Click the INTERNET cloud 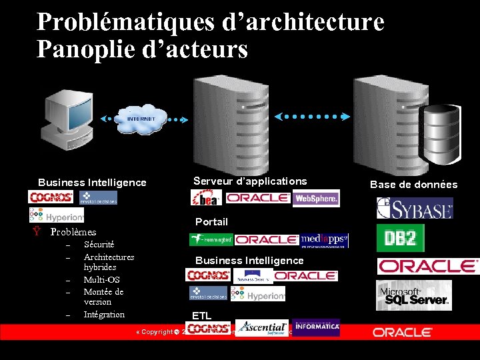141,119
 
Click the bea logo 206,198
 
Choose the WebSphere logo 316,198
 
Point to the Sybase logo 414,208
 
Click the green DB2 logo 400,237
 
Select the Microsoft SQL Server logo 414,295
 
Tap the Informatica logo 316,327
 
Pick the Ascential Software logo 262,327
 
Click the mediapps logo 324,239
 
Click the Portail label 211,222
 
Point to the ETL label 201,315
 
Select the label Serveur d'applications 250,181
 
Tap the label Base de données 413,185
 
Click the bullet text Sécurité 99,245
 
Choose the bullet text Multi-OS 101,279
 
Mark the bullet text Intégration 104,314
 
